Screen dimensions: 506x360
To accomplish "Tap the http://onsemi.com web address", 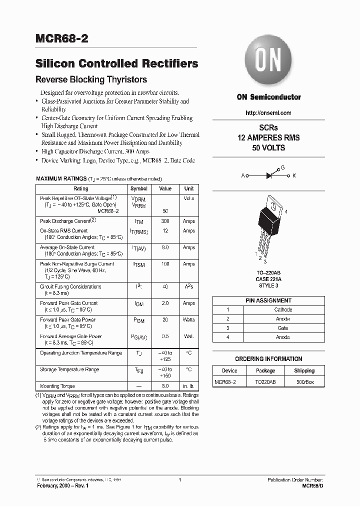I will tap(268, 113).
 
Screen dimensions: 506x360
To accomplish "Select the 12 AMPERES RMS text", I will tap(268, 137).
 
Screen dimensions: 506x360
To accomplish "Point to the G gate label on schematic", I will tap(282, 168).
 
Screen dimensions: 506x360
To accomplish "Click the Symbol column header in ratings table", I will tap(138, 189).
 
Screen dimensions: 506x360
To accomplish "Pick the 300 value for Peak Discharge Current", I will tap(165, 221).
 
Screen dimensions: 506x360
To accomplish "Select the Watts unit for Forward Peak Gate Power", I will tap(189, 319).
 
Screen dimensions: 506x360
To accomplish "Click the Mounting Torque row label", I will tap(57, 386).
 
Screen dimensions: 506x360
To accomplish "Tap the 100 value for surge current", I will tap(165, 263).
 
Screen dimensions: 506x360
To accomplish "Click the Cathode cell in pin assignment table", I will tap(283, 309).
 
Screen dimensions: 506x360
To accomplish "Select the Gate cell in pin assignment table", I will tap(283, 328).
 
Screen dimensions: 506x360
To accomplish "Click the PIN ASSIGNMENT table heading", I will tap(268, 300).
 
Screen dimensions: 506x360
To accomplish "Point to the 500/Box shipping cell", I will tap(304, 382).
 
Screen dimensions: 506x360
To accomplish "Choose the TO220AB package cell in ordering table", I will tap(265, 382).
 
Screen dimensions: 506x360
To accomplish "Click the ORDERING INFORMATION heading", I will tap(268, 359).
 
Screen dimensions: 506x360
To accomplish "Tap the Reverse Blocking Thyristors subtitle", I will tap(91, 79).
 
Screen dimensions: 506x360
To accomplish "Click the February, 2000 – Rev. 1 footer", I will tap(62, 485).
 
